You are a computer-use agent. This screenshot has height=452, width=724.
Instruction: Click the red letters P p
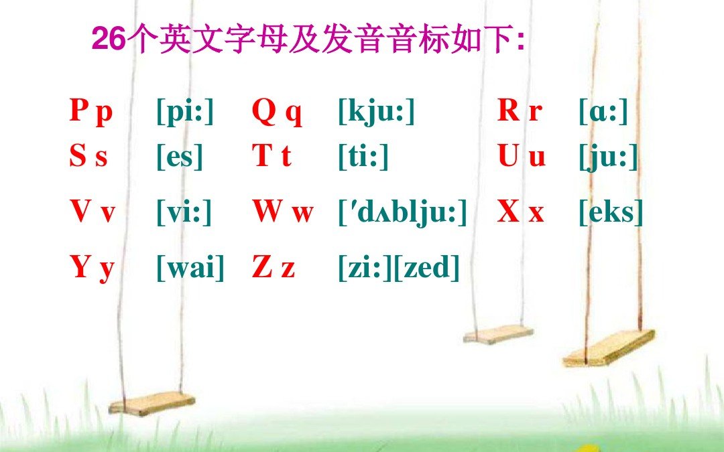pyautogui.click(x=91, y=112)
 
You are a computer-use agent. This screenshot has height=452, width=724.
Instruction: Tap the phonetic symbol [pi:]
pyautogui.click(x=185, y=112)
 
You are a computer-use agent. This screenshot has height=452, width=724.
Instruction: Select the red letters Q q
pyautogui.click(x=277, y=112)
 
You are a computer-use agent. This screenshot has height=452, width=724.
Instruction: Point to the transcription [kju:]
pyautogui.click(x=377, y=112)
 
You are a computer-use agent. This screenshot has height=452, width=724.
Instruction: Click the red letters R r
pyautogui.click(x=520, y=111)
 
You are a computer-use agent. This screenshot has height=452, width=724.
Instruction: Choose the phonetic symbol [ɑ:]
pyautogui.click(x=603, y=112)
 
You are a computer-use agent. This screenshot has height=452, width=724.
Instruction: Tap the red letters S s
pyautogui.click(x=88, y=157)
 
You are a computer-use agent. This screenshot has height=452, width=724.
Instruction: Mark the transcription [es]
pyautogui.click(x=179, y=157)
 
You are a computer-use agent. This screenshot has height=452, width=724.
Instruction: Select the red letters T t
pyautogui.click(x=271, y=157)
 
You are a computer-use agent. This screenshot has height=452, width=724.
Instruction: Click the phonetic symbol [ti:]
pyautogui.click(x=363, y=157)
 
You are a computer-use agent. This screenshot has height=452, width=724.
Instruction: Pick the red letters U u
pyautogui.click(x=522, y=157)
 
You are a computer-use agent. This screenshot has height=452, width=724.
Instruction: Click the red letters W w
pyautogui.click(x=283, y=213)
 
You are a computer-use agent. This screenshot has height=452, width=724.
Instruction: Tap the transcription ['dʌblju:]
pyautogui.click(x=402, y=214)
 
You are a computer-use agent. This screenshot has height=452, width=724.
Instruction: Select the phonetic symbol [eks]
pyautogui.click(x=610, y=213)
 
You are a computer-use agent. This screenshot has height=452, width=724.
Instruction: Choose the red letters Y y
pyautogui.click(x=92, y=268)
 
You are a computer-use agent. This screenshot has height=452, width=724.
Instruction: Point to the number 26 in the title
pyautogui.click(x=108, y=40)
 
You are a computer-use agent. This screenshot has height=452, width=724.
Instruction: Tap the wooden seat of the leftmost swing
pyautogui.click(x=152, y=403)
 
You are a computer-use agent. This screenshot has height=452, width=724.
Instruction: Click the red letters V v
pyautogui.click(x=93, y=213)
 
